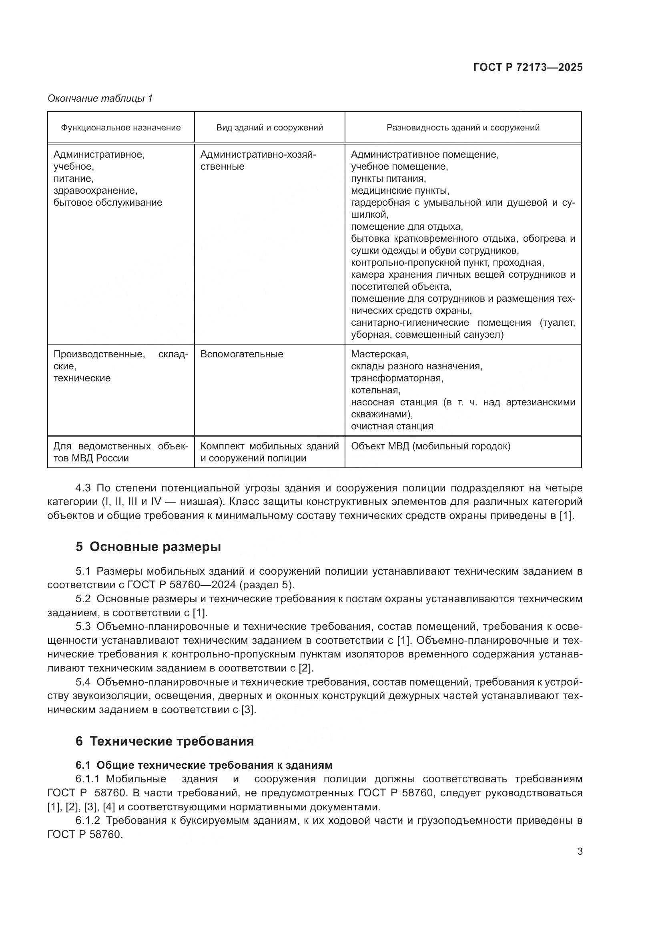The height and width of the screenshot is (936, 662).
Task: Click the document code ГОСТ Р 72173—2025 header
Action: [x=528, y=68]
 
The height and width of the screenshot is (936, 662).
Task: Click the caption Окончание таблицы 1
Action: [x=100, y=98]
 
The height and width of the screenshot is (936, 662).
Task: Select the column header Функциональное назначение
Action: [x=120, y=128]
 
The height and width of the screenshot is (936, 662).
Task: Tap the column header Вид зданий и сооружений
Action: [x=269, y=128]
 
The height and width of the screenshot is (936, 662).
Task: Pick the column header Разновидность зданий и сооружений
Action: [x=463, y=128]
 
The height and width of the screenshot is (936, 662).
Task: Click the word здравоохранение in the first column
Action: [x=95, y=190]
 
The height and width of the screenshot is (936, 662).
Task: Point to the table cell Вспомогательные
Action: [x=242, y=354]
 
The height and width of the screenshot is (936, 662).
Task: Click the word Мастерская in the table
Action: [x=379, y=354]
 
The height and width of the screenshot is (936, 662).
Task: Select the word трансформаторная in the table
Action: [x=397, y=378]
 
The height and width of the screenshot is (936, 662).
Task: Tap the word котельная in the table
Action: [x=375, y=390]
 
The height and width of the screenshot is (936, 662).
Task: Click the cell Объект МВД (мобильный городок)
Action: [x=431, y=446]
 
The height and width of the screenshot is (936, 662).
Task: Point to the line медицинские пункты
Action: [x=400, y=190]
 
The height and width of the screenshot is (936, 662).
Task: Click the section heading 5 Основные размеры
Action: [x=148, y=547]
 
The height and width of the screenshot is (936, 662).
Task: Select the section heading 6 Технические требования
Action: [x=164, y=741]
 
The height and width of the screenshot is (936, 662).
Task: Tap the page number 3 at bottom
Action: [x=580, y=852]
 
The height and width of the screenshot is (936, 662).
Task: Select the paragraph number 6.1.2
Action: [x=88, y=821]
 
